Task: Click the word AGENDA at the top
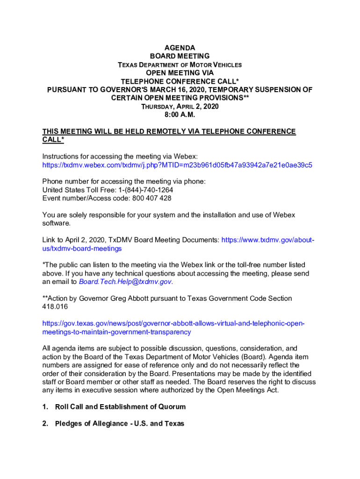(180, 48)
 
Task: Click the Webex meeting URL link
(177, 165)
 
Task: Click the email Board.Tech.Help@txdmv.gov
(125, 282)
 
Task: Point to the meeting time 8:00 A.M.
(180, 115)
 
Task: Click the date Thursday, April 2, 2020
(180, 106)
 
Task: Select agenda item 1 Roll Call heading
(120, 406)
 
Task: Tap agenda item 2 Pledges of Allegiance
(119, 423)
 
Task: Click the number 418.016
(55, 307)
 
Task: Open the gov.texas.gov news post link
(173, 328)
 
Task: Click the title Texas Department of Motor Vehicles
(180, 65)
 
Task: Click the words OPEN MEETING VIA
(180, 73)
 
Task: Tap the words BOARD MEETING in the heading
(180, 56)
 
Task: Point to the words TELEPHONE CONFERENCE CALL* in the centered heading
(180, 81)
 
